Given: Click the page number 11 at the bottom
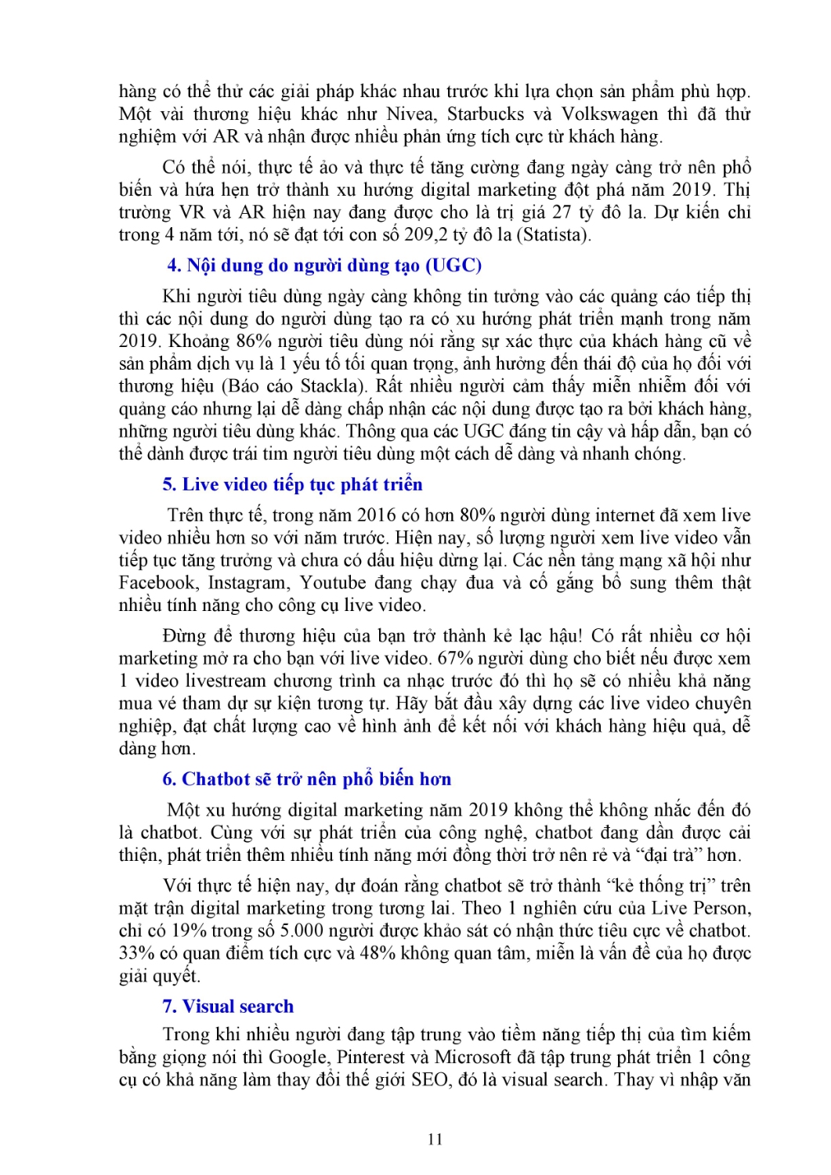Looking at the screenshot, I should coord(435,1139).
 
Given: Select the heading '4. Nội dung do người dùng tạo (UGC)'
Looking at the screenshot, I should coord(324,266).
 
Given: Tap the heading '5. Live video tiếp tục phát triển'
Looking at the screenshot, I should coord(292,485).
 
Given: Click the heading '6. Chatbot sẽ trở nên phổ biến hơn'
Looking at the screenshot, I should coord(306,779).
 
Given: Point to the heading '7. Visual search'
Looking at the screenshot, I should coord(228,1007).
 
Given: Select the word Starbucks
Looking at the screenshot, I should coord(486,114).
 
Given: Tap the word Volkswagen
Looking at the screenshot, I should coord(610,114).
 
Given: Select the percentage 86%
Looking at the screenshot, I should coord(237,342).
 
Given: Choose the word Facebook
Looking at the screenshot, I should coord(157,583).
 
